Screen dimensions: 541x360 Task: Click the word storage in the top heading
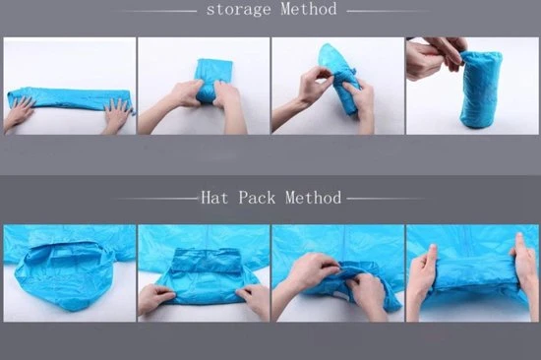pos(238,9)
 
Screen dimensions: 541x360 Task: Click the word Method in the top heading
pos(309,9)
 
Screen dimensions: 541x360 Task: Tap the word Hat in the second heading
pos(214,198)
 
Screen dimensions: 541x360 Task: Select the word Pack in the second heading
pos(257,198)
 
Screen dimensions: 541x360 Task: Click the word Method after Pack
pos(313,198)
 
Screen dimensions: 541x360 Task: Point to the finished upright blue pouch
pos(481,90)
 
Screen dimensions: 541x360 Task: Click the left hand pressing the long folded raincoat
pos(18,115)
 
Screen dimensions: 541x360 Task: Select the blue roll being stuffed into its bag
pos(340,79)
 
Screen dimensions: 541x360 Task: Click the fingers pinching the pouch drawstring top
pos(437,55)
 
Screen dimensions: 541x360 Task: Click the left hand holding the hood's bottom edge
pos(155,299)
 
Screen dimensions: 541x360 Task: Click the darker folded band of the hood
pos(207,261)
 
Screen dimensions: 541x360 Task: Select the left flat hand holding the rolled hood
pos(421,276)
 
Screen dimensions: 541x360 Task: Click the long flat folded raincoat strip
pos(70,98)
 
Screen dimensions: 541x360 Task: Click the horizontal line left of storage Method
pos(159,11)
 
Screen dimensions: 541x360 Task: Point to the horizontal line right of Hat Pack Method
pos(386,199)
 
